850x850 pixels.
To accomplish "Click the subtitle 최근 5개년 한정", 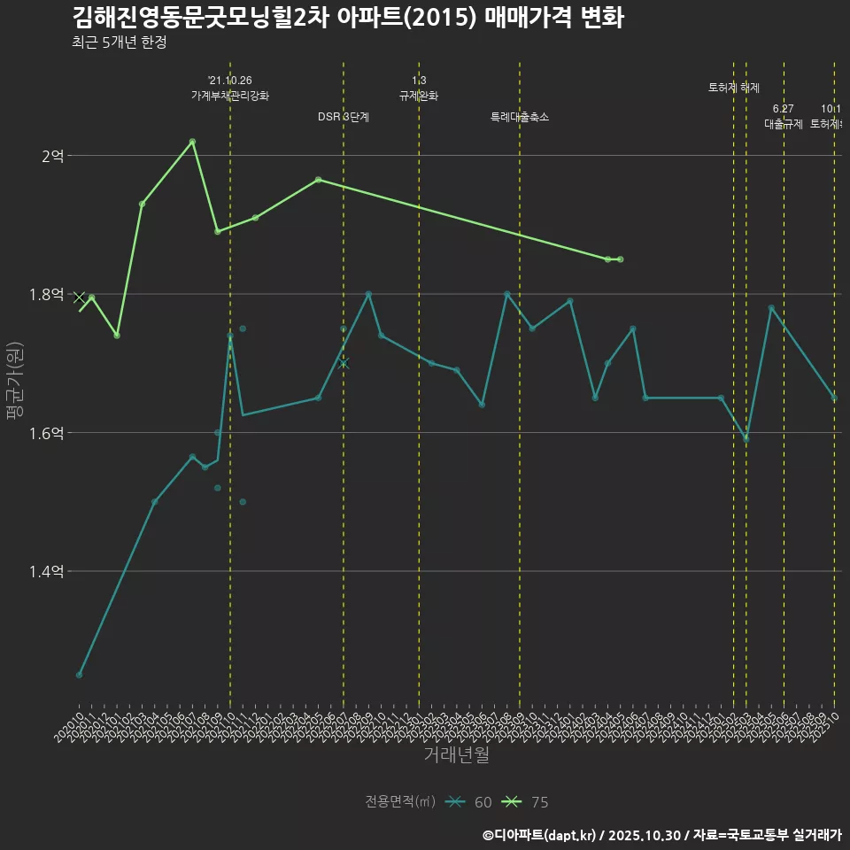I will (119, 42).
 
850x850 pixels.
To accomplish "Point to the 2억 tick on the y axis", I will (53, 156).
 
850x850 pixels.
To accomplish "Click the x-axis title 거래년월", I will (456, 755).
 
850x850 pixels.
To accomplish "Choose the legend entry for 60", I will (469, 802).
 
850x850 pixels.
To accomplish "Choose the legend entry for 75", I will (525, 802).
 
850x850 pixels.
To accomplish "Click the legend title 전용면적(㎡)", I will (400, 802).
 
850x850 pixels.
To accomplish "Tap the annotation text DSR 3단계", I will (344, 117).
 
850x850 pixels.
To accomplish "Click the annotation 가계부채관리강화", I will (230, 96).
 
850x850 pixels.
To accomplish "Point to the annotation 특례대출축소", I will (520, 117).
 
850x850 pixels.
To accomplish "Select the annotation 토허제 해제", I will (734, 88).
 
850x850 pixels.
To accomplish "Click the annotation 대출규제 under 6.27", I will (784, 124).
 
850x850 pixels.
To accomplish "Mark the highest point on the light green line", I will (192, 142).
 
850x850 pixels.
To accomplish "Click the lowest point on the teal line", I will (79, 675).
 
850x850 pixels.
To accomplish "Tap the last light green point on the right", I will (620, 259).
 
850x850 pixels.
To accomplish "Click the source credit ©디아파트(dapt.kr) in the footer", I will (541, 835).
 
